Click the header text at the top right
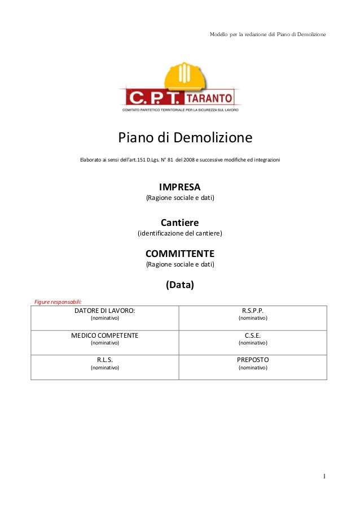click(267, 35)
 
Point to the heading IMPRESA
click(180, 187)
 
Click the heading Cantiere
click(180, 223)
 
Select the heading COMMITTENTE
click(180, 254)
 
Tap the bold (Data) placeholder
click(180, 285)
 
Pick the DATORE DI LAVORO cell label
click(105, 311)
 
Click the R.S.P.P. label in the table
click(253, 311)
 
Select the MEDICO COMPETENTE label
click(105, 335)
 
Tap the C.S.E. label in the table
click(253, 335)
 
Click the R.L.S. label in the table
click(105, 359)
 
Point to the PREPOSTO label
click(253, 359)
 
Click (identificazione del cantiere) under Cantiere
click(180, 233)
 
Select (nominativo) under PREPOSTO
click(253, 368)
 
